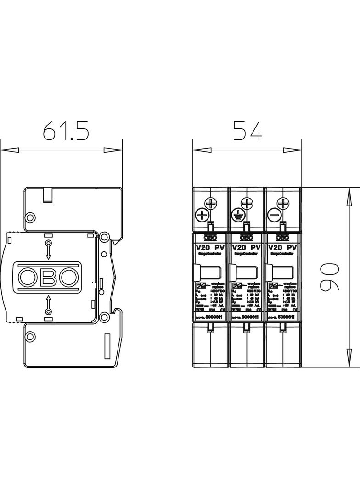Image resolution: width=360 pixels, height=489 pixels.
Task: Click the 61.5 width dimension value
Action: (x=66, y=131)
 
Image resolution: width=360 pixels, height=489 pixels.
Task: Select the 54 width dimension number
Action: (x=247, y=131)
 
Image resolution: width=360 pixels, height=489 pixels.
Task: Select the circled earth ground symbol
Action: (x=237, y=214)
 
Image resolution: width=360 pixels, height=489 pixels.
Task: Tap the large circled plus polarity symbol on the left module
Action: (x=202, y=214)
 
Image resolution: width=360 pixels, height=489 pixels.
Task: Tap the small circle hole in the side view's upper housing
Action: (x=30, y=217)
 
